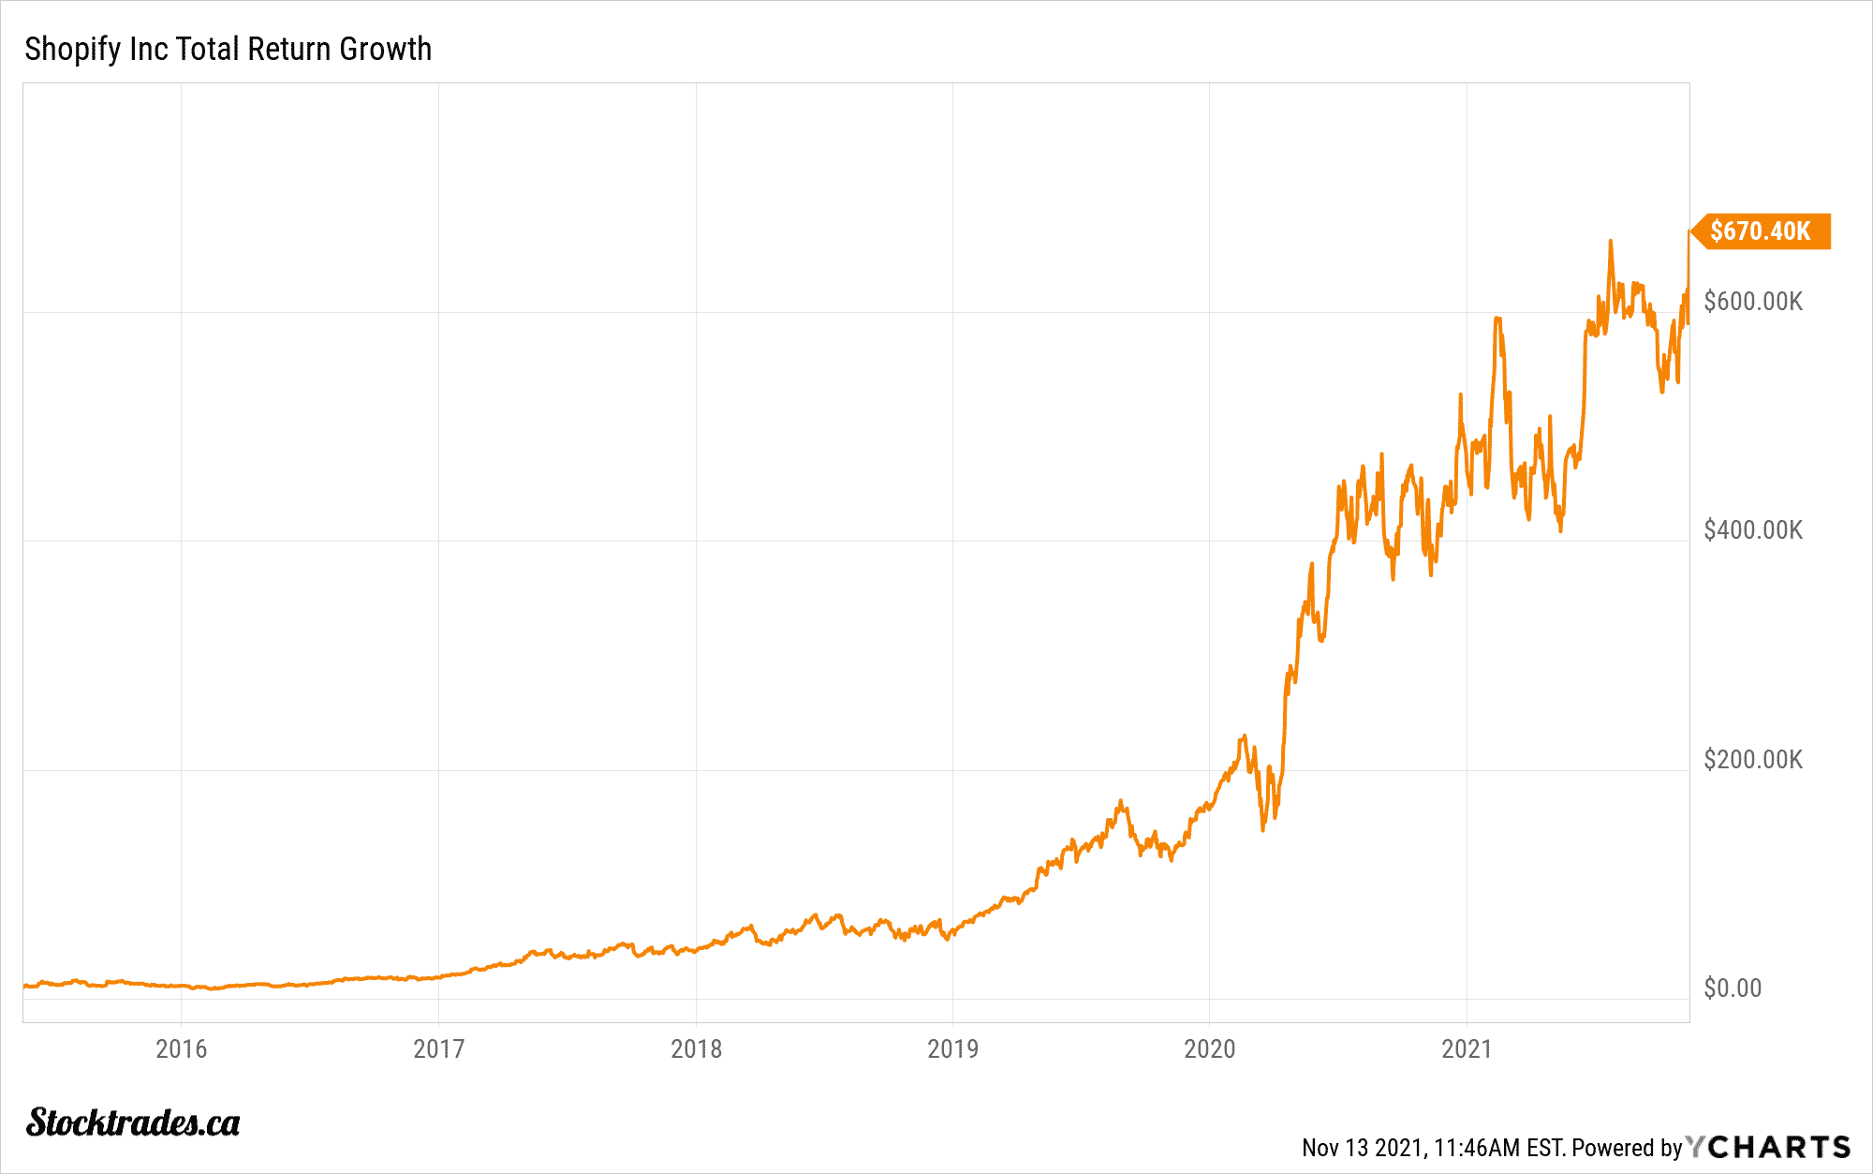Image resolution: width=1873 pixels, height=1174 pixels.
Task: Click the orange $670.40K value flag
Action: pyautogui.click(x=1761, y=231)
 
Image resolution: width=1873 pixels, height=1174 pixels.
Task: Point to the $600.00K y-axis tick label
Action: pyautogui.click(x=1753, y=302)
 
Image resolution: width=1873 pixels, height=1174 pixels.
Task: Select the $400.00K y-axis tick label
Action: pyautogui.click(x=1753, y=530)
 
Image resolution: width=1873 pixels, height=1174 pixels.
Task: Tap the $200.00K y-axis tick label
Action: pyautogui.click(x=1753, y=760)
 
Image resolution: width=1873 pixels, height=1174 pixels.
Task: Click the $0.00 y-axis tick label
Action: pyautogui.click(x=1733, y=988)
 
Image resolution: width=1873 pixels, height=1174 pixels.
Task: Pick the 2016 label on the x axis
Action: pyautogui.click(x=182, y=1048)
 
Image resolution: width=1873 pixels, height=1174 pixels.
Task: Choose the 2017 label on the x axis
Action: pyautogui.click(x=438, y=1048)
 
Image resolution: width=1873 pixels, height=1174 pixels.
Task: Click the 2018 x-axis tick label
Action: pyautogui.click(x=696, y=1048)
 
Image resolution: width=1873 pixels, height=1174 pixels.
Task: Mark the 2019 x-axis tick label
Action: pyautogui.click(x=952, y=1048)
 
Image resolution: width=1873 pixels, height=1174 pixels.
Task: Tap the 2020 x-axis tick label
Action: pyautogui.click(x=1209, y=1048)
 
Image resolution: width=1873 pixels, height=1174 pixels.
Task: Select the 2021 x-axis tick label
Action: pyautogui.click(x=1467, y=1048)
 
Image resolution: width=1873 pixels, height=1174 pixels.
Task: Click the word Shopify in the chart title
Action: pyautogui.click(x=73, y=50)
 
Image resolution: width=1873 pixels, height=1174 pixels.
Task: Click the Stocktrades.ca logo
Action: pyautogui.click(x=133, y=1122)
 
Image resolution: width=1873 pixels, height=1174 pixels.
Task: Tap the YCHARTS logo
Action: pyautogui.click(x=1768, y=1147)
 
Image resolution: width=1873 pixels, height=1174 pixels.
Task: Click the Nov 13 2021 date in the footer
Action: pyautogui.click(x=1363, y=1148)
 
